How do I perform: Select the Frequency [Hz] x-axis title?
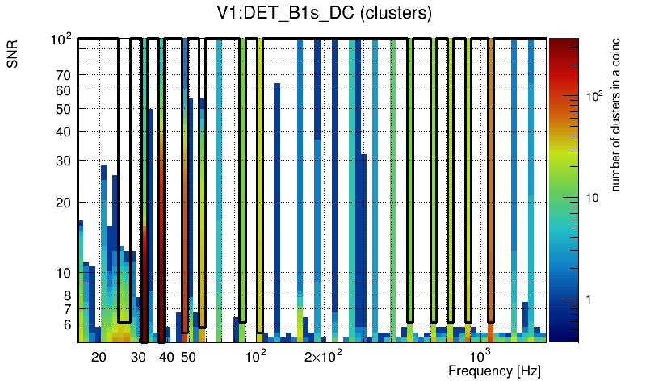click(x=494, y=371)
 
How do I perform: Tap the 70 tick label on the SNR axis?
click(x=62, y=75)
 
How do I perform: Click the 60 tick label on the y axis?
click(x=62, y=90)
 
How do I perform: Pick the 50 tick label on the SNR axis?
click(x=62, y=109)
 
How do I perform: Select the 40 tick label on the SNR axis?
click(x=62, y=132)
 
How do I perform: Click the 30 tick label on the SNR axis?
click(x=62, y=161)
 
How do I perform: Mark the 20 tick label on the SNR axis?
click(x=62, y=203)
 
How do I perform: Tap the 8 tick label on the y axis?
click(x=66, y=295)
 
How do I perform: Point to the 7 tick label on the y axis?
click(x=66, y=309)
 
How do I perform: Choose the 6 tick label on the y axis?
click(x=66, y=324)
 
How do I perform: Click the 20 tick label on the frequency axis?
click(x=99, y=357)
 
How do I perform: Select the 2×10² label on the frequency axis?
click(x=324, y=356)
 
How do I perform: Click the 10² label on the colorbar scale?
click(x=593, y=96)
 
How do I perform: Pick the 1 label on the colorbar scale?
click(x=589, y=299)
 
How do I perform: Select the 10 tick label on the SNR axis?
click(x=62, y=273)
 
